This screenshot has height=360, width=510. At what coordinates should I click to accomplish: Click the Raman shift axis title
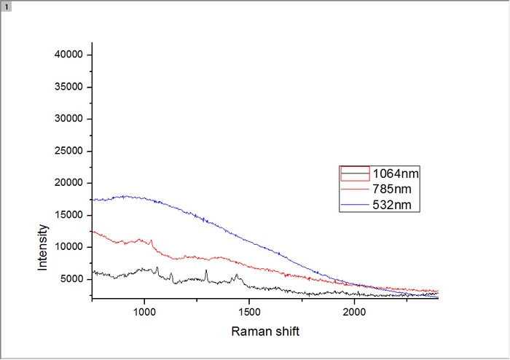click(265, 332)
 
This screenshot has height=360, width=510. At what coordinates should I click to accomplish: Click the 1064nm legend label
click(396, 174)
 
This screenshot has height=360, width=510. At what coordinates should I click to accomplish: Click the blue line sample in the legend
click(355, 206)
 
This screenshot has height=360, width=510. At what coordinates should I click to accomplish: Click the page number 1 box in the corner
click(6, 6)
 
